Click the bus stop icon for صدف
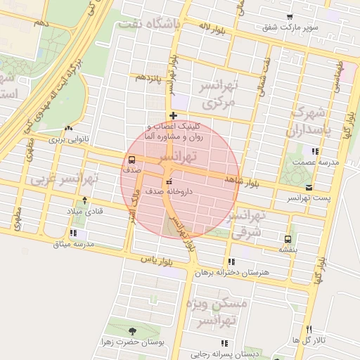[x=132, y=159]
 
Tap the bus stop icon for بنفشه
[x=287, y=239]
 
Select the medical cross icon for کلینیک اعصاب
[x=173, y=115]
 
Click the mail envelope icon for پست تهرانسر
[x=309, y=188]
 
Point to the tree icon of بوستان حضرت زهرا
[x=131, y=331]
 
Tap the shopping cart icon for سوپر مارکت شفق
[x=290, y=17]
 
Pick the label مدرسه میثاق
[x=78, y=244]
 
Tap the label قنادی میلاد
[x=84, y=211]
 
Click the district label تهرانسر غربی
[x=64, y=179]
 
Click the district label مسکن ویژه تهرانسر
[x=217, y=313]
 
